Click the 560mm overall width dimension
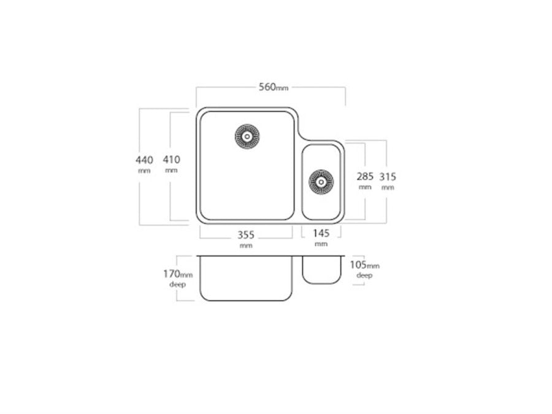coord(274,87)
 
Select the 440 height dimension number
coord(144,160)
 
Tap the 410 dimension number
coord(172,160)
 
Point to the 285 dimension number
coord(365,177)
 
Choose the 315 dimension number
coord(388,177)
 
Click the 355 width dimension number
coord(246,235)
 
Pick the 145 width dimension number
coord(321,233)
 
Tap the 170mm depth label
coord(178,274)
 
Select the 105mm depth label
coord(365,265)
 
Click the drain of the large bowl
coord(247,136)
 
